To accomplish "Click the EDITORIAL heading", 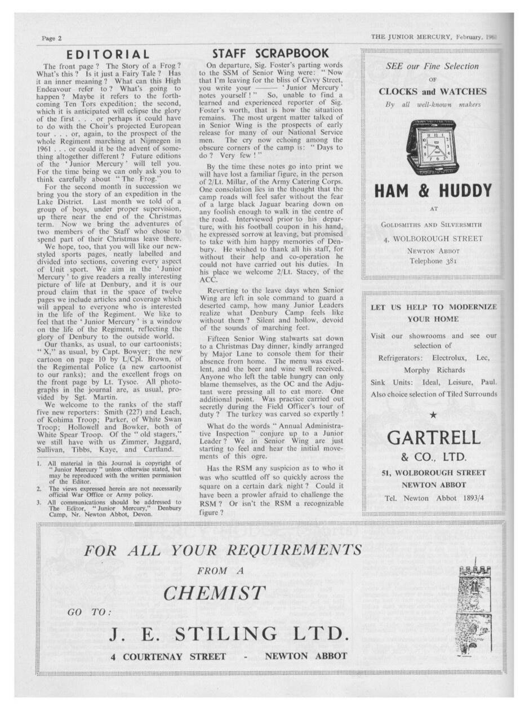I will click(108, 55).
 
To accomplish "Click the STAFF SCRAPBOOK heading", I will click(270, 54).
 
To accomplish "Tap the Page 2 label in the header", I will click(51, 38).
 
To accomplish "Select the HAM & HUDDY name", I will click(433, 191).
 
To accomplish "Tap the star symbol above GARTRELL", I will click(433, 415).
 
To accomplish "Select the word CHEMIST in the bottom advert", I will click(214, 593).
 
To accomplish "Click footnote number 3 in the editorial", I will click(39, 502).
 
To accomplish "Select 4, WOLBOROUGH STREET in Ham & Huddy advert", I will click(433, 238).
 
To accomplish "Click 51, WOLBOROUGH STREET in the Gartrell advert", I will click(433, 473).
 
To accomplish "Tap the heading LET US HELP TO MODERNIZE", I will click(433, 307).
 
